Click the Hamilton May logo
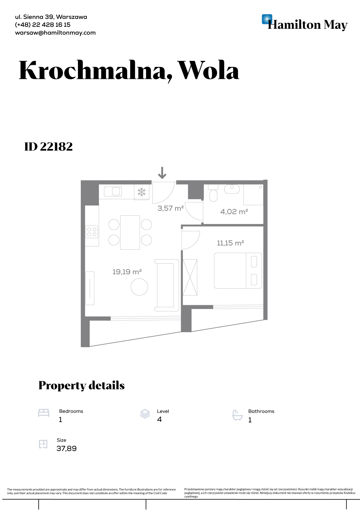pos(305,22)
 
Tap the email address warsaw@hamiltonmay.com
pos(55,33)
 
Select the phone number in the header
pos(43,25)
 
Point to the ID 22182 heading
pos(49,147)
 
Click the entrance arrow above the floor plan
pos(162,173)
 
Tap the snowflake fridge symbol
pos(141,192)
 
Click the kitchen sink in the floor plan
pos(113,191)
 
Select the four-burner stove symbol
pos(92,232)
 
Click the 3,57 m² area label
pos(171,208)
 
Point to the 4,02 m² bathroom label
pos(234,212)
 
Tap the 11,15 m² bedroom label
pos(231,243)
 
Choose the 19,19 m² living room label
pos(127,272)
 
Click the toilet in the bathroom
pos(213,193)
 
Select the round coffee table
pos(139,287)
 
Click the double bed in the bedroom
pos(238,271)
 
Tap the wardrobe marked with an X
pos(190,277)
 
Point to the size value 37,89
pos(67,448)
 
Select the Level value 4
pos(159,419)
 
